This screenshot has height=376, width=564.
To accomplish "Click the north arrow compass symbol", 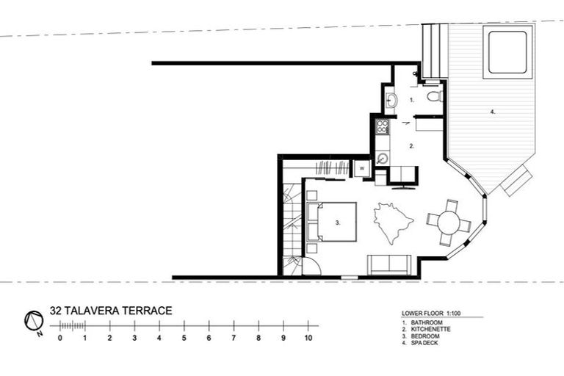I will coord(32,320).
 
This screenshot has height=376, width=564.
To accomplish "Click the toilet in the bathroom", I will coord(434,96).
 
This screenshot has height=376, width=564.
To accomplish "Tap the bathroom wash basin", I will coord(391,99).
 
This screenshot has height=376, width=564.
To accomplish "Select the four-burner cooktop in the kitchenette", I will coord(382,126).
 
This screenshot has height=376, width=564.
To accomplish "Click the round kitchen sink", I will coord(382,157).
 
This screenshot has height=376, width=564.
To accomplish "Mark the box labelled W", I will coord(362,169).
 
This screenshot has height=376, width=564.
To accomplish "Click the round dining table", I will coord(447,223).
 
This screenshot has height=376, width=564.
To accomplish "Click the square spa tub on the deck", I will coord(507,52).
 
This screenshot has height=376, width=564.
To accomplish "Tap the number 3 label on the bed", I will coord(336,222).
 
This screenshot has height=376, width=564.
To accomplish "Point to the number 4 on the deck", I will coord(492,112).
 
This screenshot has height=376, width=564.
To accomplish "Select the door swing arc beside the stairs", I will coord(311,265).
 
